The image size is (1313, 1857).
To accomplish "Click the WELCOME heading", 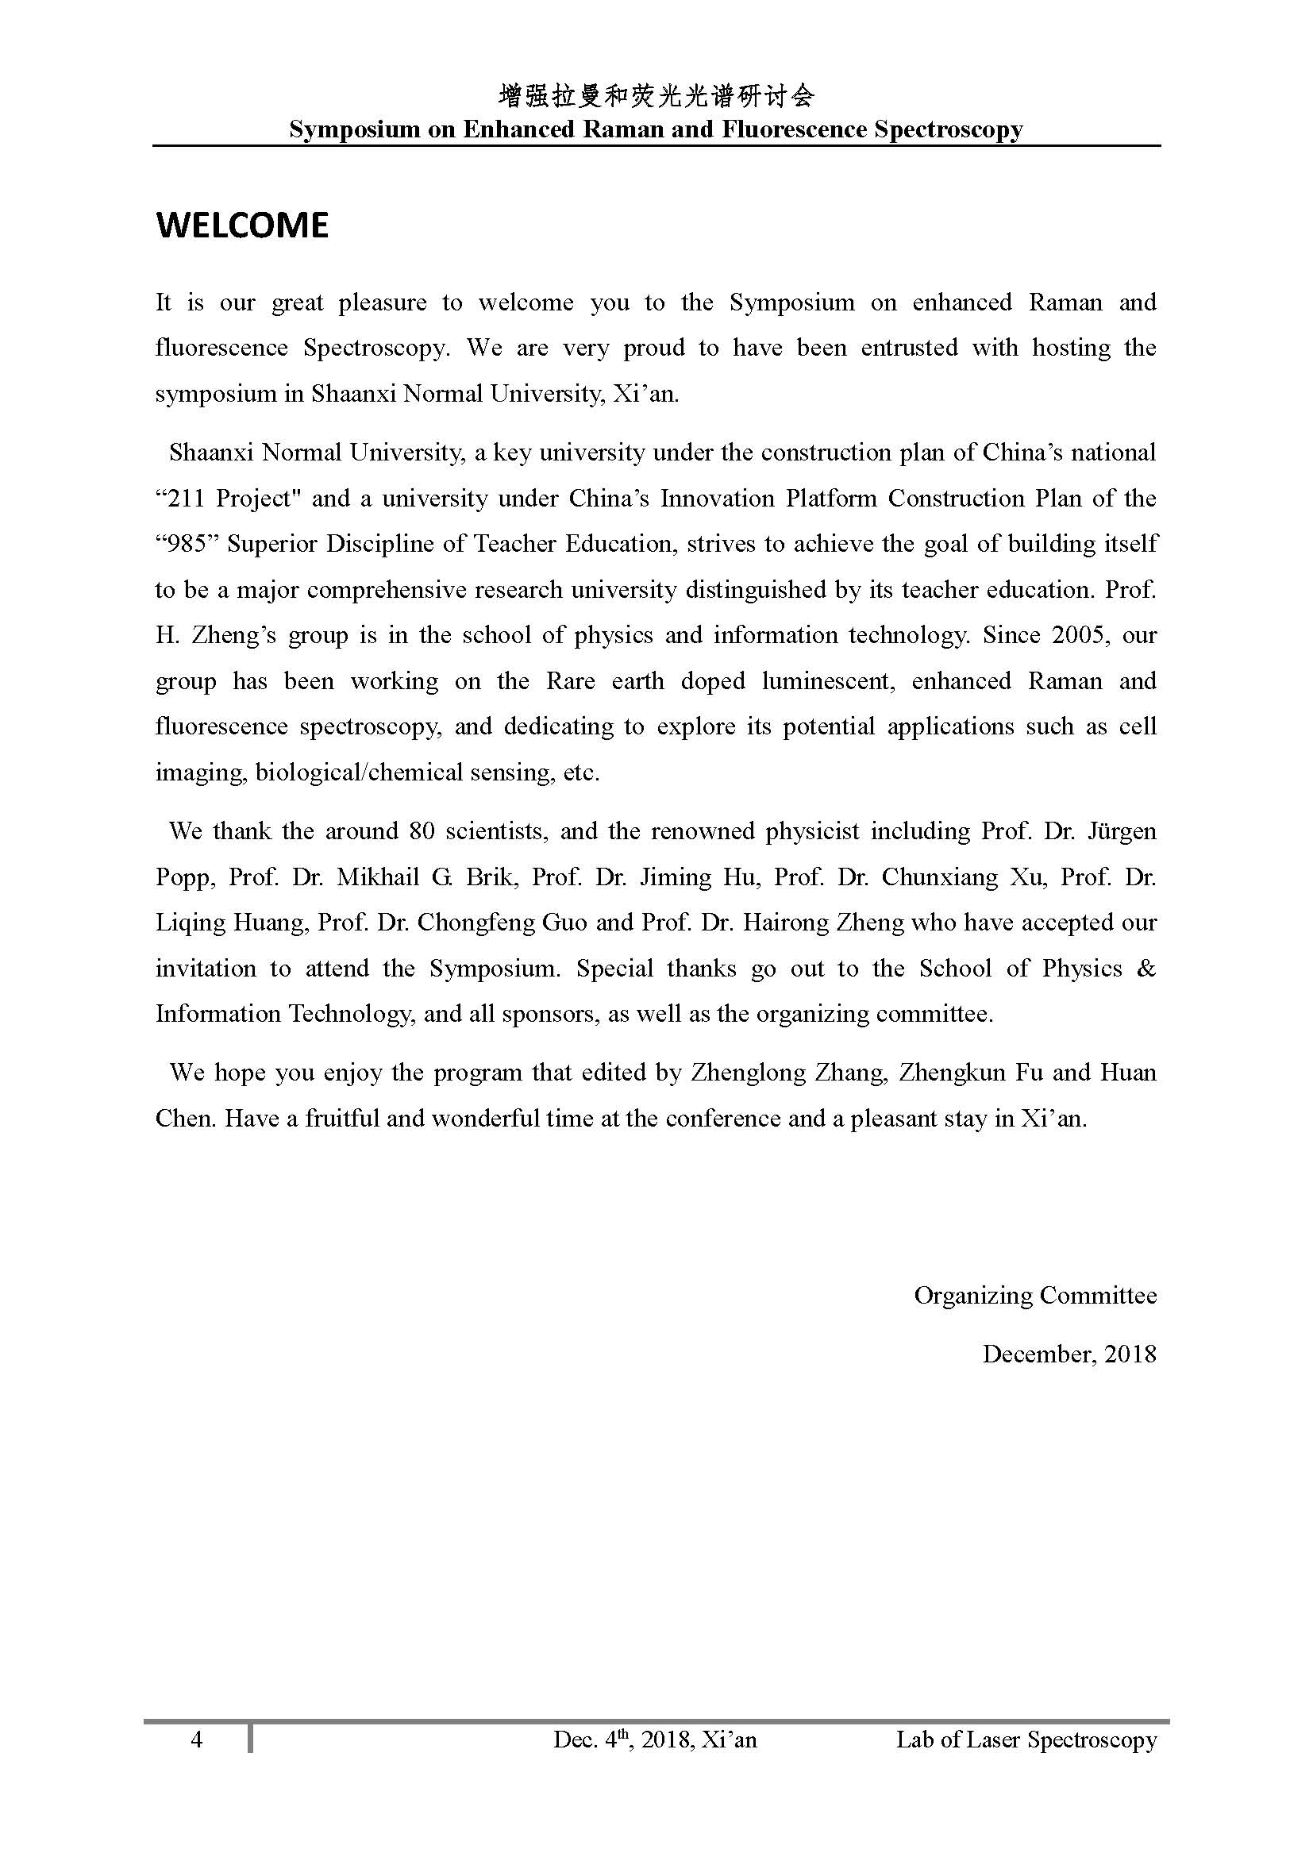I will click(x=242, y=225).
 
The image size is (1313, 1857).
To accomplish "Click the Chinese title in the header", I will click(x=656, y=97).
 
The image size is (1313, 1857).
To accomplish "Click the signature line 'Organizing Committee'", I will click(x=1035, y=1296).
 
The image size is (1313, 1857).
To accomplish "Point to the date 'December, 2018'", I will click(x=1068, y=1354).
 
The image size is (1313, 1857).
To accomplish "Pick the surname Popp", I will click(x=185, y=877).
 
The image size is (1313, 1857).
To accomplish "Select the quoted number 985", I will click(x=185, y=544).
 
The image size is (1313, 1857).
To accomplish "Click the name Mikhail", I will click(x=378, y=877).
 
